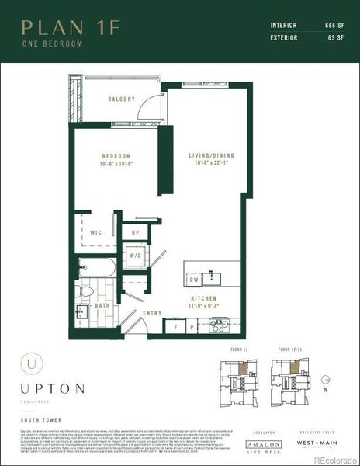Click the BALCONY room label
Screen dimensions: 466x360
coord(122,99)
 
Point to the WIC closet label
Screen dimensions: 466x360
coord(97,231)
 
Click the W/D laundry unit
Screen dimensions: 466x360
coord(134,255)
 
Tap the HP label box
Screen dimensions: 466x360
coord(135,231)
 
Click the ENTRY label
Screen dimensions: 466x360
coord(151,313)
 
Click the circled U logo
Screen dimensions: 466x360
coord(31,362)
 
